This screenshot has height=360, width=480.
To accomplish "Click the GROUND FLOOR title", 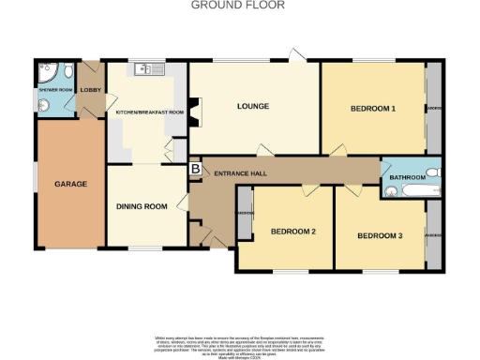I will pos(239,5).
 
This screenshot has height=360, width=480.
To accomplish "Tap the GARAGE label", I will pos(70,184).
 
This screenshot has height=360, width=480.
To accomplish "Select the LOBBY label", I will pos(91,90).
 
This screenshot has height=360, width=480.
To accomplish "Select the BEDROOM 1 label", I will pos(373,109).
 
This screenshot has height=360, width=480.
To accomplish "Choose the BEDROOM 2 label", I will pos(292,231).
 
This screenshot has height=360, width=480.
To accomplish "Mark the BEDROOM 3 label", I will pos(380,235).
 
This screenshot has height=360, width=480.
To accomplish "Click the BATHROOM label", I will pos(409,177).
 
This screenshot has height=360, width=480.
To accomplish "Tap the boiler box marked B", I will pos(195,169).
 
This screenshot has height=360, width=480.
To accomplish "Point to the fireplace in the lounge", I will pos(194,112).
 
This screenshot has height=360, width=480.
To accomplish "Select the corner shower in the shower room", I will pos(46,72).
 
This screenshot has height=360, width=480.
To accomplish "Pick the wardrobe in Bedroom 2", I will pos(246,213).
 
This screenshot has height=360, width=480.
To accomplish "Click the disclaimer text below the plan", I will pos(239,343).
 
